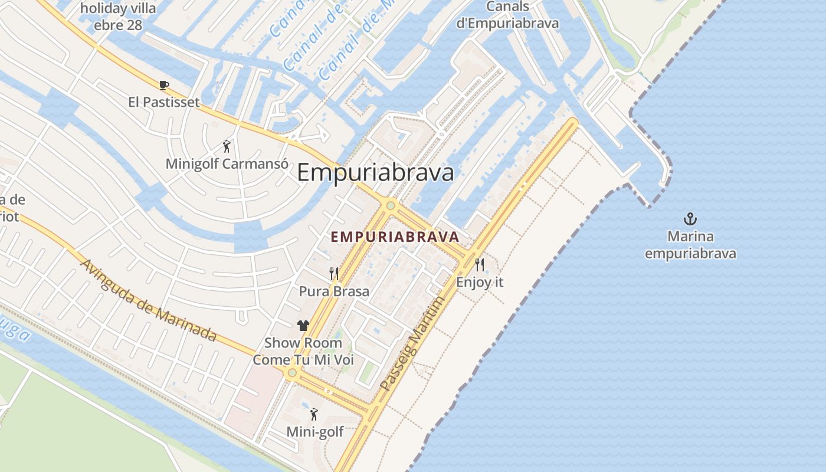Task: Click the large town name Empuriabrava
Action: [375, 173]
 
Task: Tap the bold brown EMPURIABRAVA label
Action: [395, 237]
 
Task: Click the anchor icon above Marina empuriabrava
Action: [690, 219]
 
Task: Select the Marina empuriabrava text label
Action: [690, 245]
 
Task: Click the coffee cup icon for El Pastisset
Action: [164, 86]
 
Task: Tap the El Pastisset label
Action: [164, 102]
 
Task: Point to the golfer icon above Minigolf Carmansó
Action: [227, 146]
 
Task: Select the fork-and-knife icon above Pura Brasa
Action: [334, 273]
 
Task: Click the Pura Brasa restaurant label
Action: [334, 291]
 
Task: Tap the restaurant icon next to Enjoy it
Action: [480, 264]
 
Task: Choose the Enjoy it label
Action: [480, 282]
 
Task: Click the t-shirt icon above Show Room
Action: [303, 326]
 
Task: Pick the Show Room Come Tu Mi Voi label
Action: [303, 351]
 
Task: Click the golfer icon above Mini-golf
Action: [314, 415]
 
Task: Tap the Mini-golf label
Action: [315, 432]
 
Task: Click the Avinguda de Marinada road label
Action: [148, 300]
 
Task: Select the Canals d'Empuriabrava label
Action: [508, 15]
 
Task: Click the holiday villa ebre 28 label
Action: [118, 17]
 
